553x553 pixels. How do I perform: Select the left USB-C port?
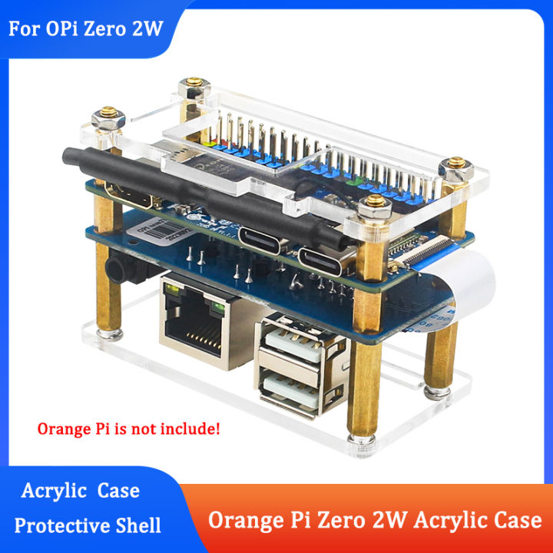point(263,236)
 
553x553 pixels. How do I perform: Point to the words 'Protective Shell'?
point(88,525)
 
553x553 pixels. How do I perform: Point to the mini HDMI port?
point(127,194)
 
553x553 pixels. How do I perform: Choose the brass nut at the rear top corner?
point(191,84)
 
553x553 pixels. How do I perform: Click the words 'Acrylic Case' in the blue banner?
point(81,490)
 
